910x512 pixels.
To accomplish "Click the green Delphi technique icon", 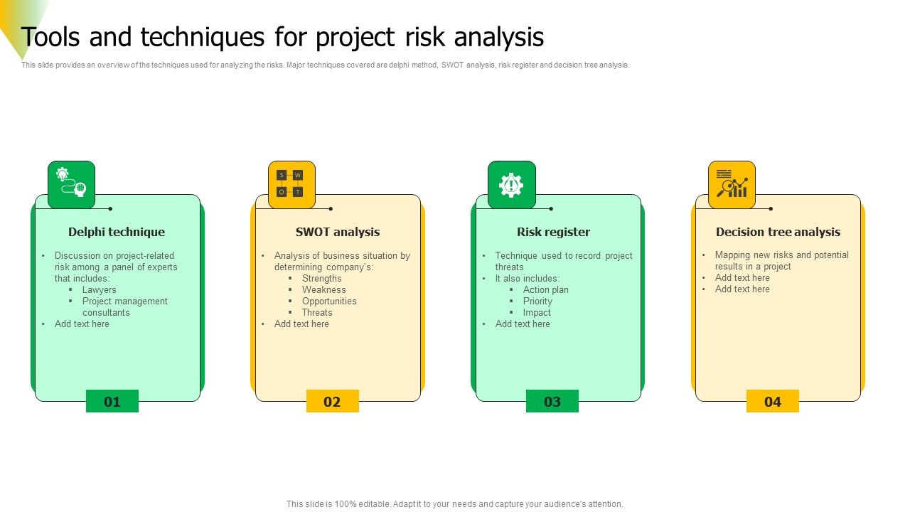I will [x=71, y=184].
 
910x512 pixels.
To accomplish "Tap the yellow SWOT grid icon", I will [x=291, y=184].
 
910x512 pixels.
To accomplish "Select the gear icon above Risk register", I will [x=511, y=184].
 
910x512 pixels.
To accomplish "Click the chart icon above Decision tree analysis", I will [x=732, y=184].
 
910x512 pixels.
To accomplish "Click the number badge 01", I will [x=112, y=402].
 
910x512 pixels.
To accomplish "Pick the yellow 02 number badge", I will [x=332, y=402].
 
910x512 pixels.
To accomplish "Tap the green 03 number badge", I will [x=552, y=402].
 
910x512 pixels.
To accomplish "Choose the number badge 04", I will [x=773, y=402].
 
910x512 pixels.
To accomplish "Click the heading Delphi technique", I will [x=117, y=232].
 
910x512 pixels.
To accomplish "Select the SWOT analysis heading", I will [x=338, y=232].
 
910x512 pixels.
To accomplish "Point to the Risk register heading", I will [x=554, y=232].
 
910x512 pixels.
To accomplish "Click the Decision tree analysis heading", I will [x=778, y=232].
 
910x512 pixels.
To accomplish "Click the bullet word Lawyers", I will [x=99, y=290].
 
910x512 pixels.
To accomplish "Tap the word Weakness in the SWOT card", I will [x=323, y=290].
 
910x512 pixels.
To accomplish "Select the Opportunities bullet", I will [x=329, y=302].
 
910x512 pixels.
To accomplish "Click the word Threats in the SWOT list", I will [x=317, y=313].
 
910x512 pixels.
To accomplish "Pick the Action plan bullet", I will [x=545, y=290].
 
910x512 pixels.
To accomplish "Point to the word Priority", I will [x=537, y=302].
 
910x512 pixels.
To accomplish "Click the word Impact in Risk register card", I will [x=537, y=313].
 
